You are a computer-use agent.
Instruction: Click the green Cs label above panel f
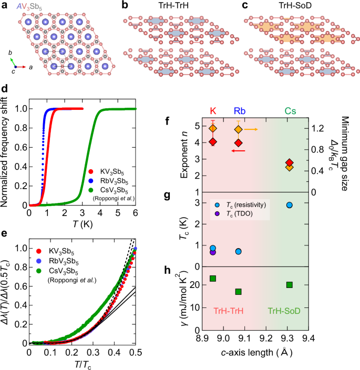[290, 111]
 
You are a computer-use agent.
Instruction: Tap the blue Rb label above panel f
[238, 111]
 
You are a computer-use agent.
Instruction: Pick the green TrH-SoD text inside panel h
[284, 311]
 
